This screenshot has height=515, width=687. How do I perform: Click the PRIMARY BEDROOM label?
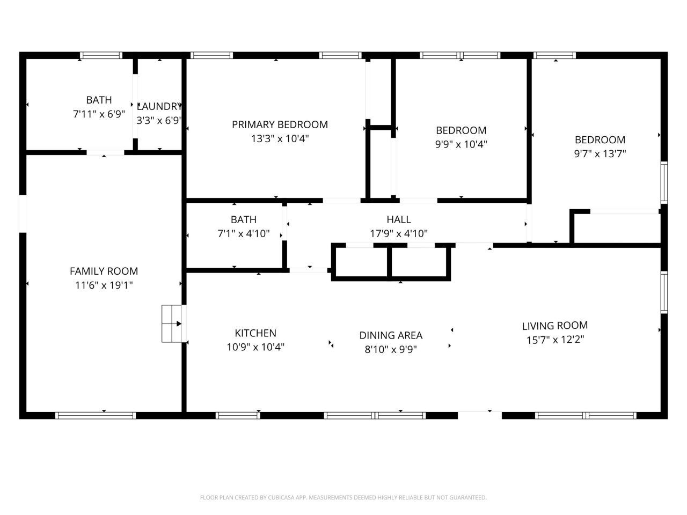pos(280,124)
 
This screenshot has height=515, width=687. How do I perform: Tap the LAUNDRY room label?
pos(159,106)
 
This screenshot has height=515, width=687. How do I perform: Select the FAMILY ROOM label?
pos(104,271)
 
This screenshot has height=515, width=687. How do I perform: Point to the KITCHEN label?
pos(255,333)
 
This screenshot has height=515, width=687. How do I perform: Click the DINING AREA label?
pos(391,335)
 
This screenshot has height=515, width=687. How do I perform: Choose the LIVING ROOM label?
pos(554,326)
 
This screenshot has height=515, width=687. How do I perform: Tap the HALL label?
pos(399,219)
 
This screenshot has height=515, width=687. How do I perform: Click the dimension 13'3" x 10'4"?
pos(280,138)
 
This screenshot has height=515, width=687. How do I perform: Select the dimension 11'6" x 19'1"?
pos(104,285)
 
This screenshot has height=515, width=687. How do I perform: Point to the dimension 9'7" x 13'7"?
pos(600,153)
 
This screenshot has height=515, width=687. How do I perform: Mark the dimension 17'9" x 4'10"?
pos(399,234)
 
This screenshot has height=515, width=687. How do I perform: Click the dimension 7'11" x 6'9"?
pos(99,114)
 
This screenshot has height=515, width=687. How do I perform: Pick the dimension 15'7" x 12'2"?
pos(554,340)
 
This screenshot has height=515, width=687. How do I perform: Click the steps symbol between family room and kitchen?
pos(172,323)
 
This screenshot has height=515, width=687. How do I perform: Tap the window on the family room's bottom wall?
pos(96,415)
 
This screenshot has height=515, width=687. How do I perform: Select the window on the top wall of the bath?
pos(101,55)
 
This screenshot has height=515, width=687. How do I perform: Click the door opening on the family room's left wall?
pos(23,214)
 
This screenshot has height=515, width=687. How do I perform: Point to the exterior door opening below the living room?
pos(480,415)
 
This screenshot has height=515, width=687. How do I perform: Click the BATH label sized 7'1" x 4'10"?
pos(244,219)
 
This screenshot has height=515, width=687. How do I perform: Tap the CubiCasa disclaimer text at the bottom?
pos(343,497)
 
